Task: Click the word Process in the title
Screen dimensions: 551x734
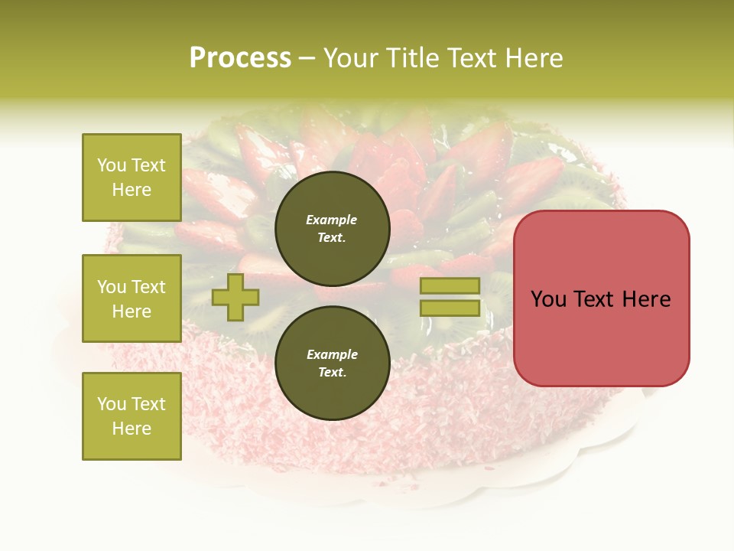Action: [240, 58]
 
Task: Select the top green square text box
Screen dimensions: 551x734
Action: [132, 178]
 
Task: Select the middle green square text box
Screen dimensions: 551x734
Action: [132, 298]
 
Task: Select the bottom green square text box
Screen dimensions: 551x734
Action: [132, 416]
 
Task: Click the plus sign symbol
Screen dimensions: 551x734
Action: [235, 297]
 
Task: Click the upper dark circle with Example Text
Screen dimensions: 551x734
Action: [332, 228]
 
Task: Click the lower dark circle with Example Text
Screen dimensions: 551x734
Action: [332, 363]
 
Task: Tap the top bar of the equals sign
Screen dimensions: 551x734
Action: [450, 286]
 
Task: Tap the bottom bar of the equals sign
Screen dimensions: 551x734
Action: [450, 308]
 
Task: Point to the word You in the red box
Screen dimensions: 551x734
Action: [548, 299]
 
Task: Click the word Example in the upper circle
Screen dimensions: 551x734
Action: [332, 220]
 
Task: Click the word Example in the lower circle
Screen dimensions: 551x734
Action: [332, 354]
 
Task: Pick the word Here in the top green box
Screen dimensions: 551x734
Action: [132, 190]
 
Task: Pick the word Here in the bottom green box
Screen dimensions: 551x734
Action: [132, 429]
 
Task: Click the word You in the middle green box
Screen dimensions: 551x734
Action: [111, 287]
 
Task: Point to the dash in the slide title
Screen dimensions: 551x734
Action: [307, 58]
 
